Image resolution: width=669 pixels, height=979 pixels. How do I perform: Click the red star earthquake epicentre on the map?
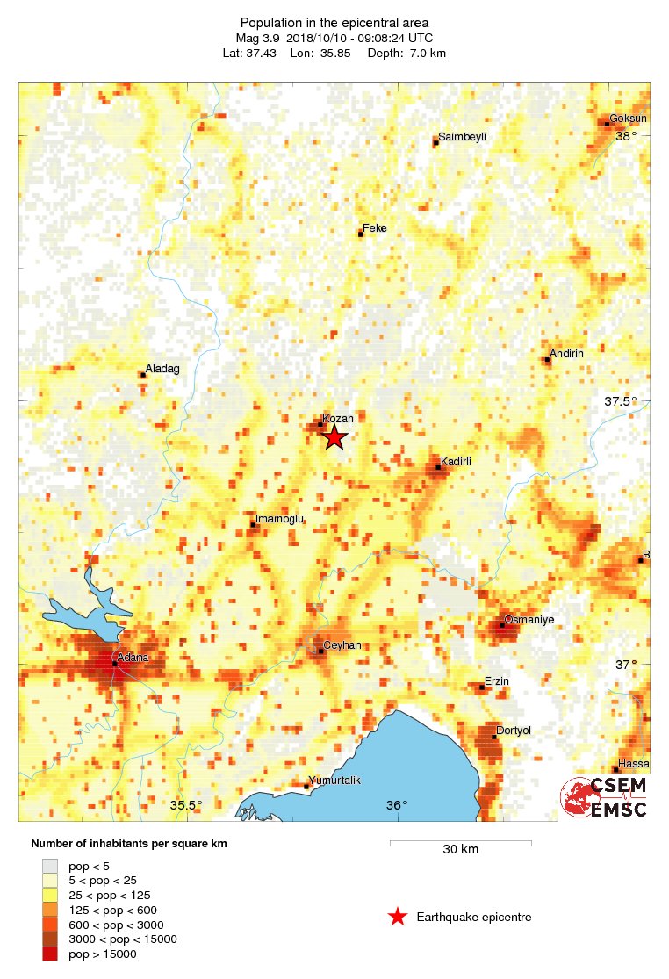334,437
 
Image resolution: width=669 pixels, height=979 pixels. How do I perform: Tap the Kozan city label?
338,419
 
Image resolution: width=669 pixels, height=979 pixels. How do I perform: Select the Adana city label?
133,657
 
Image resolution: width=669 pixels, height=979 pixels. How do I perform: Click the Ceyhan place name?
342,645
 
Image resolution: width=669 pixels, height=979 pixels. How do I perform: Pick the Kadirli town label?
457,461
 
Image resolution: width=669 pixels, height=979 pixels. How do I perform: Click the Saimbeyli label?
462,137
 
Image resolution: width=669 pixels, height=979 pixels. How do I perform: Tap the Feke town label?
375,228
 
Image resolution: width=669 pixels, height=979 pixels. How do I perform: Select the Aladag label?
162,369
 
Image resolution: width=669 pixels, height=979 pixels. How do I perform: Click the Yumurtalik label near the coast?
333,781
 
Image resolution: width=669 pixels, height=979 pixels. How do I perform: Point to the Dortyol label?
514,731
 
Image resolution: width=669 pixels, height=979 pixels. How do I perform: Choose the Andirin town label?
566,353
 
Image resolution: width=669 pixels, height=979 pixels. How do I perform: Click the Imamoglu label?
279,519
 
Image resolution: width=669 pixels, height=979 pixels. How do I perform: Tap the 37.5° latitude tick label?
621,401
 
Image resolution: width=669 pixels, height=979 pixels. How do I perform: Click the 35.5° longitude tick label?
186,805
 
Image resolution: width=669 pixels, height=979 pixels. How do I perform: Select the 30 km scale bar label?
460,850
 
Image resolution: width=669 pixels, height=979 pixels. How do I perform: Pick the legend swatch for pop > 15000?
51,954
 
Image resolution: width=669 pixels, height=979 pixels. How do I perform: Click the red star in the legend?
398,918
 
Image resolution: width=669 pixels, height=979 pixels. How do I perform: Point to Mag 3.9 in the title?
255,38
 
